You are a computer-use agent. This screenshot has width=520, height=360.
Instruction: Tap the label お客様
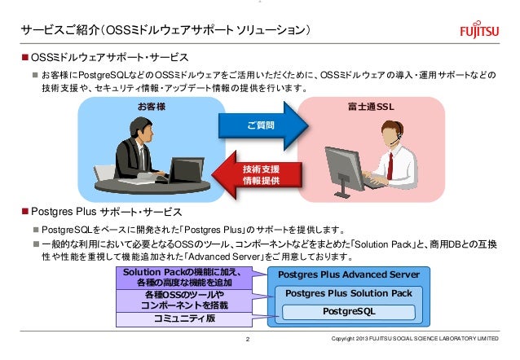[x=151, y=106]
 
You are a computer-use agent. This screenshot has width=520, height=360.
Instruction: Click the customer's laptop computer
[x=186, y=169]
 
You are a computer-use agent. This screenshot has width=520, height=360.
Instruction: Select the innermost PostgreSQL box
[x=349, y=311]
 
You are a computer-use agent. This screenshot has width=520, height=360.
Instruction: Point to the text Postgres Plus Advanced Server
[x=349, y=274]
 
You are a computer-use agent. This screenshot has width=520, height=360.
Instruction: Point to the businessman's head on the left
[x=135, y=125]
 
